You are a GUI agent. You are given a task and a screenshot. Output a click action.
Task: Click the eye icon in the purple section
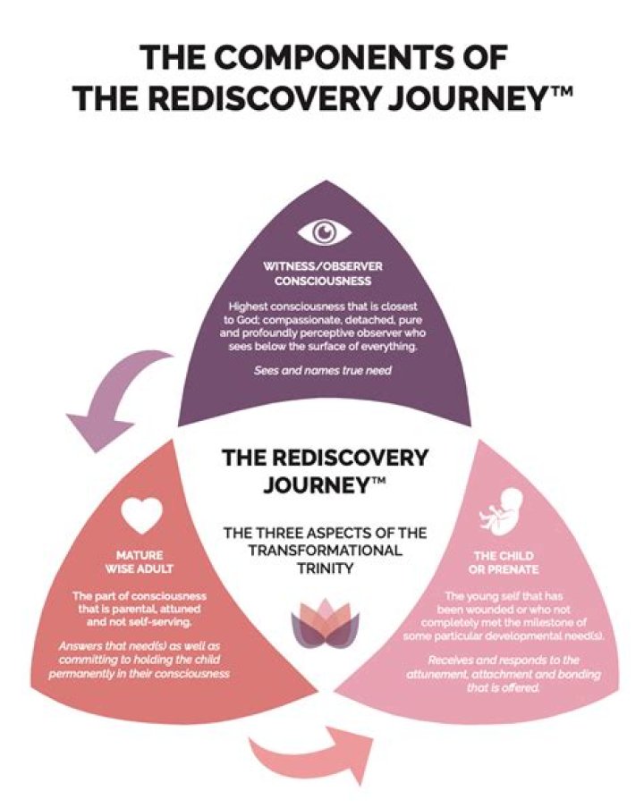tap(324, 232)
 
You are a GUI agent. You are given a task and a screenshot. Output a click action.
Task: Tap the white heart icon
tap(142, 514)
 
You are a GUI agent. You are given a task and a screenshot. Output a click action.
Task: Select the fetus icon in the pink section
tap(499, 513)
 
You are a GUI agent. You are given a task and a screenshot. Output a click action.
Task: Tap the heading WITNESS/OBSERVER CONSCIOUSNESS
tap(323, 274)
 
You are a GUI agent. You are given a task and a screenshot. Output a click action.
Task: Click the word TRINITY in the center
tap(324, 568)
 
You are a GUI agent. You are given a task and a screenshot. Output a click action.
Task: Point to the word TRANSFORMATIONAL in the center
tap(324, 550)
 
